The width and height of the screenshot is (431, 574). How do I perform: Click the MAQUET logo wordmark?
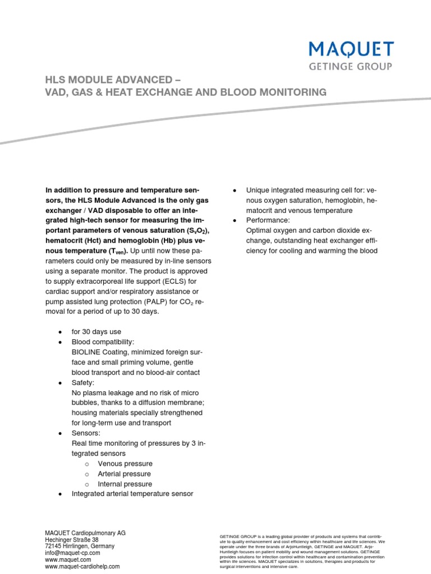(351, 49)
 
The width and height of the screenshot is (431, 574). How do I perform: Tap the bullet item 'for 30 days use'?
(96, 332)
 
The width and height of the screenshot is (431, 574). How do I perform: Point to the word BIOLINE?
(88, 352)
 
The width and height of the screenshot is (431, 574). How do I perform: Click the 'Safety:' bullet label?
(84, 382)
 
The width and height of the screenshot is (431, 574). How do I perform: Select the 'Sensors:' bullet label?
(86, 433)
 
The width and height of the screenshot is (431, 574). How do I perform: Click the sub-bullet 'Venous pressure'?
(125, 464)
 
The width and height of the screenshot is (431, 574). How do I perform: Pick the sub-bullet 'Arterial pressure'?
(125, 474)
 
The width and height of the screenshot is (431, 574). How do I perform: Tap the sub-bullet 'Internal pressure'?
(125, 484)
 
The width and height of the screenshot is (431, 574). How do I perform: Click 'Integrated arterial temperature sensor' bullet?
(132, 494)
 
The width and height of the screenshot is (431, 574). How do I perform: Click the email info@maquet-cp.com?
(72, 553)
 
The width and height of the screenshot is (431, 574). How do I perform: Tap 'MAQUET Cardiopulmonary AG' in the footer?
(85, 533)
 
